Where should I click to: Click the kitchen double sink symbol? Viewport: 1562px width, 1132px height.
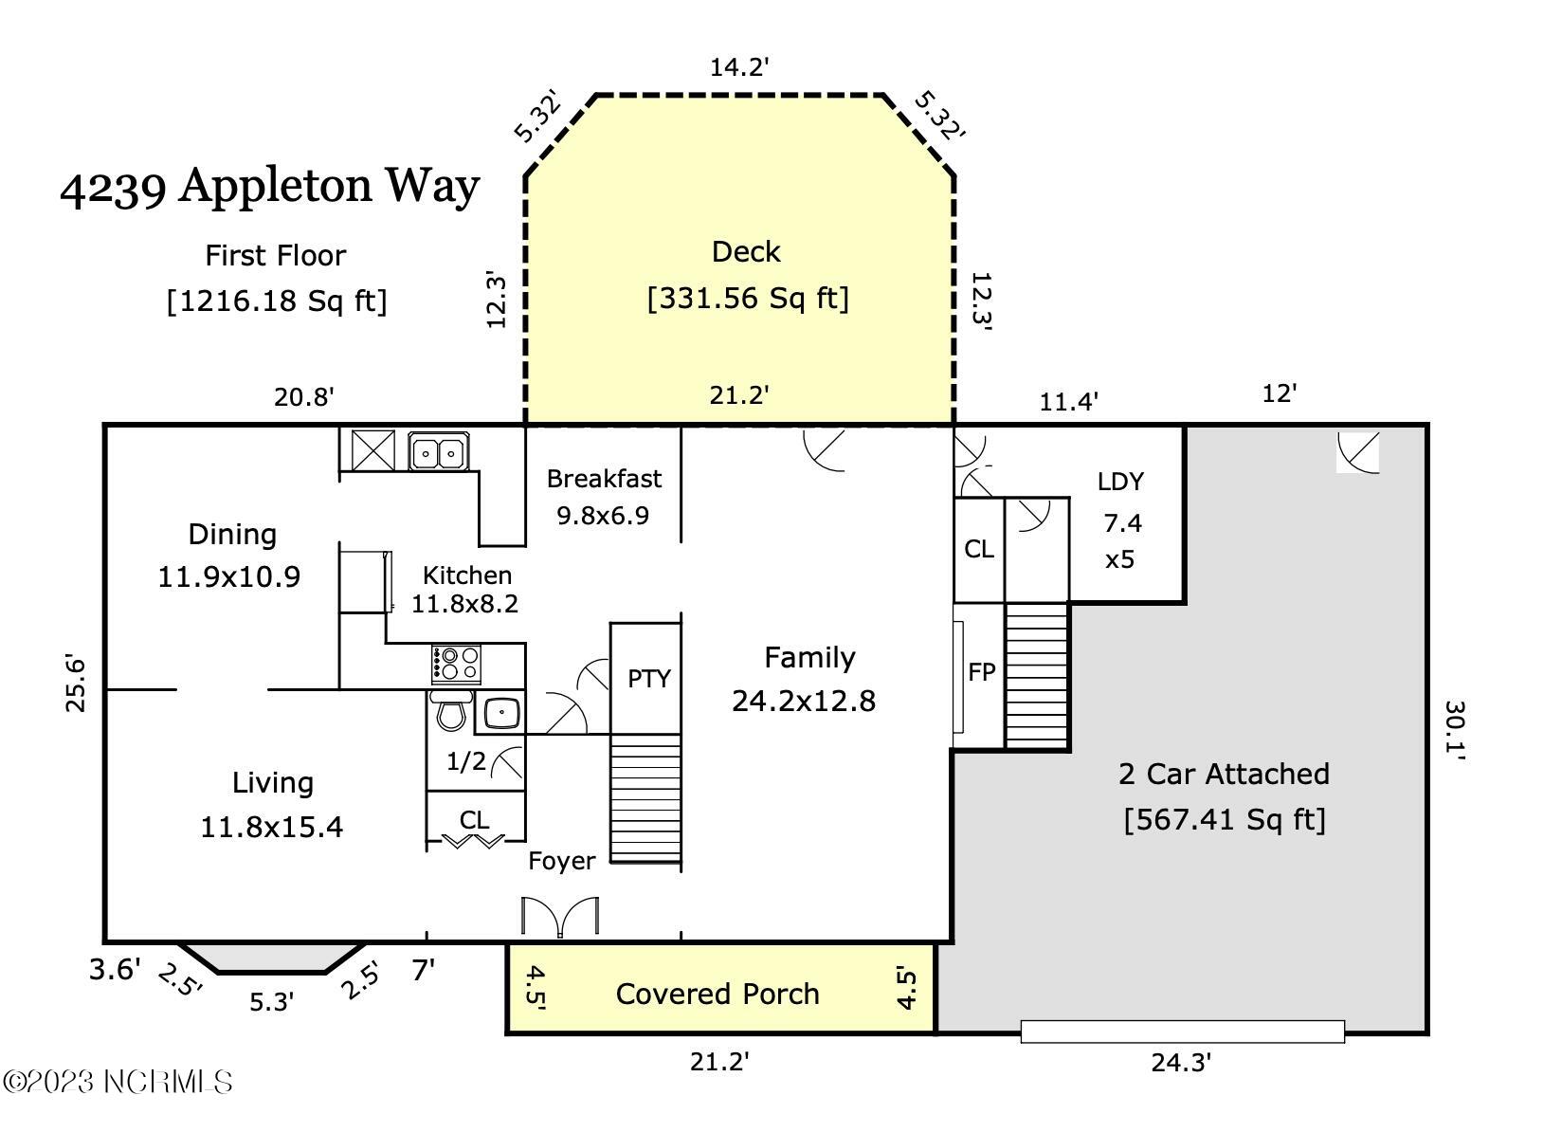(439, 452)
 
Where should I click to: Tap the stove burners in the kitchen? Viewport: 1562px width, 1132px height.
(456, 664)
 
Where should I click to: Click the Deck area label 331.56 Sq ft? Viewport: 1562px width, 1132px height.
(748, 299)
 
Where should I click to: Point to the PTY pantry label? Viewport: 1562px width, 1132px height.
(648, 679)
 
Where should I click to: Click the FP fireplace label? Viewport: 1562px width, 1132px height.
(982, 672)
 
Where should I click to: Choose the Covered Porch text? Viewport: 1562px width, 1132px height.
(717, 994)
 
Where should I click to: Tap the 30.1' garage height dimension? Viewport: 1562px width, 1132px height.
(1455, 730)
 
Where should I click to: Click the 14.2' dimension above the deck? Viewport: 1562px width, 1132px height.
(739, 67)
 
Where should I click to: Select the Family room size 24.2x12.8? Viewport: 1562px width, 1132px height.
(804, 701)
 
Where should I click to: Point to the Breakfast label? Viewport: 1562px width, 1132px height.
(604, 479)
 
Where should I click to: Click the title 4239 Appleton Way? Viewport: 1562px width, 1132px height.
(270, 187)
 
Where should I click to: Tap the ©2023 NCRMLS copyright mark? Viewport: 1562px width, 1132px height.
(118, 1082)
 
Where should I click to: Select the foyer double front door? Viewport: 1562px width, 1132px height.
(560, 916)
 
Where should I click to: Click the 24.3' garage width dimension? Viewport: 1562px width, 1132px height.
(1181, 1063)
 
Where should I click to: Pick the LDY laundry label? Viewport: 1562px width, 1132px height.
(1120, 482)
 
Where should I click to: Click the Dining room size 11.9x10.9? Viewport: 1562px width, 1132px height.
(228, 577)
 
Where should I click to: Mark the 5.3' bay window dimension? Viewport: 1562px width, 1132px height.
(271, 1002)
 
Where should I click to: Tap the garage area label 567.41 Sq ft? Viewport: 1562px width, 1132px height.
(1225, 819)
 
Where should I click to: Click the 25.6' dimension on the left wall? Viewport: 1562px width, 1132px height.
(75, 683)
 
